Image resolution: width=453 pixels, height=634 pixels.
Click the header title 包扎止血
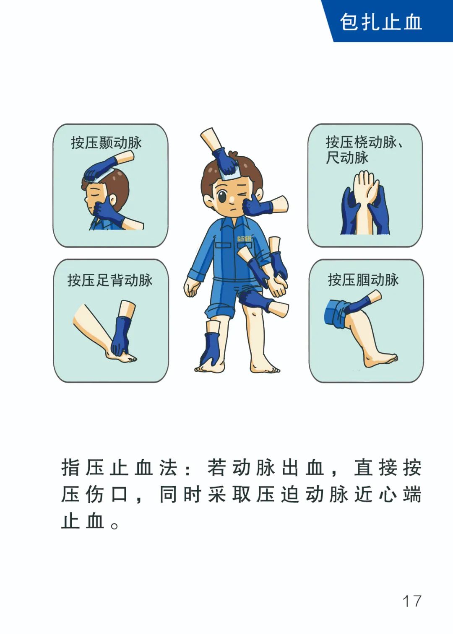point(380,22)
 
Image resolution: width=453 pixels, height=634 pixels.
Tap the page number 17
point(411,601)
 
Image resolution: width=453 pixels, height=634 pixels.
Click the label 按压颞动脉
point(106,142)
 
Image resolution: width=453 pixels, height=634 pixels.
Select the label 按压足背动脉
point(110,280)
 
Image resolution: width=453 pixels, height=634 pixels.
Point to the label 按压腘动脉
point(363,279)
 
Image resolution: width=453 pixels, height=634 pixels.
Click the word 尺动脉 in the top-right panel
point(347,158)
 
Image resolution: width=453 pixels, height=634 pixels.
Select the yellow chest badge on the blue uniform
point(244,238)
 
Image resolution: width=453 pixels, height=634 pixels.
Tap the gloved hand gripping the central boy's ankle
point(211,348)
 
